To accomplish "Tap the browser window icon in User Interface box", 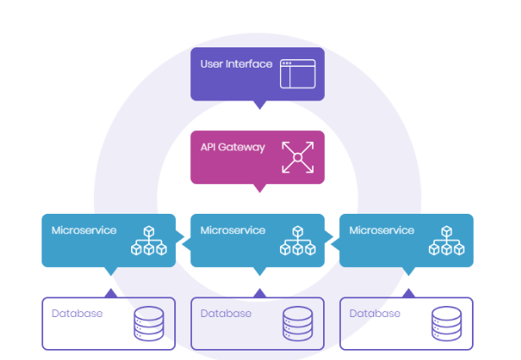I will coord(297,74).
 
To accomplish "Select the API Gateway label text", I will coord(233,147).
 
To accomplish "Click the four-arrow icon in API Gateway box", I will coord(297,157).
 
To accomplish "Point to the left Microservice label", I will coord(84,230).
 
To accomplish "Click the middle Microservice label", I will coord(233,230).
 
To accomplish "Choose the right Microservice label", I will coord(381,230).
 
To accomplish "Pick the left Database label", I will coord(77,314).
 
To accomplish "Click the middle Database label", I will coord(226,314).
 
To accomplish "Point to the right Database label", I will coord(375,314).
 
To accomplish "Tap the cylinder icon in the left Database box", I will coord(148,324).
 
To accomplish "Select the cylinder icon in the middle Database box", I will coord(297,324).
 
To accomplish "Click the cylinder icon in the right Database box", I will coord(446,324).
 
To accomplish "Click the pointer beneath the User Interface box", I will coord(259,104).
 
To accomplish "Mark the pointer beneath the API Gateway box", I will coord(259,187).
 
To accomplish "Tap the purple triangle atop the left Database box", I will coord(110,292).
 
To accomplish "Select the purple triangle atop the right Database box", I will coord(408,292).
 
